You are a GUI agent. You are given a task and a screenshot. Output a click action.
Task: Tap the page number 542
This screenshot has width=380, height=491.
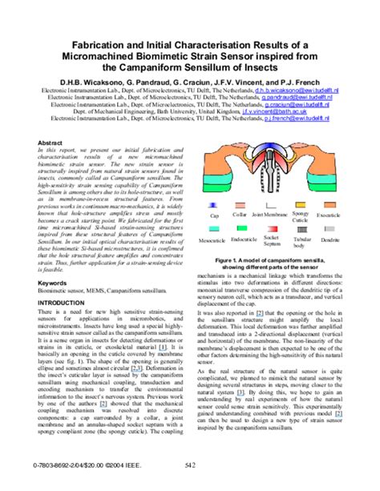tap(191, 485)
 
